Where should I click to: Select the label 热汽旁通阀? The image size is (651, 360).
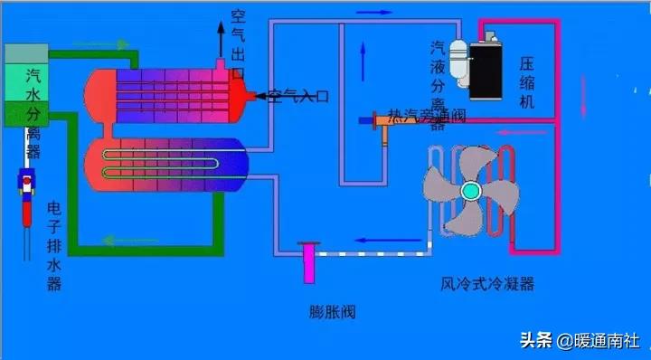(x=426, y=115)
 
